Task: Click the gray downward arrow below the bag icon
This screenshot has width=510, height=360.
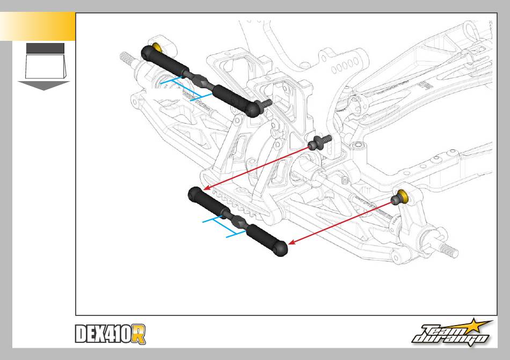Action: [x=44, y=85]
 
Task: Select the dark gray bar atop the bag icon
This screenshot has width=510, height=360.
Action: [x=45, y=48]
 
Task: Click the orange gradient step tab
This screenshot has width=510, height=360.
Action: [x=38, y=27]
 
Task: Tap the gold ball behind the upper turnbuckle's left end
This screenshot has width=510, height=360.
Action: [x=157, y=47]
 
